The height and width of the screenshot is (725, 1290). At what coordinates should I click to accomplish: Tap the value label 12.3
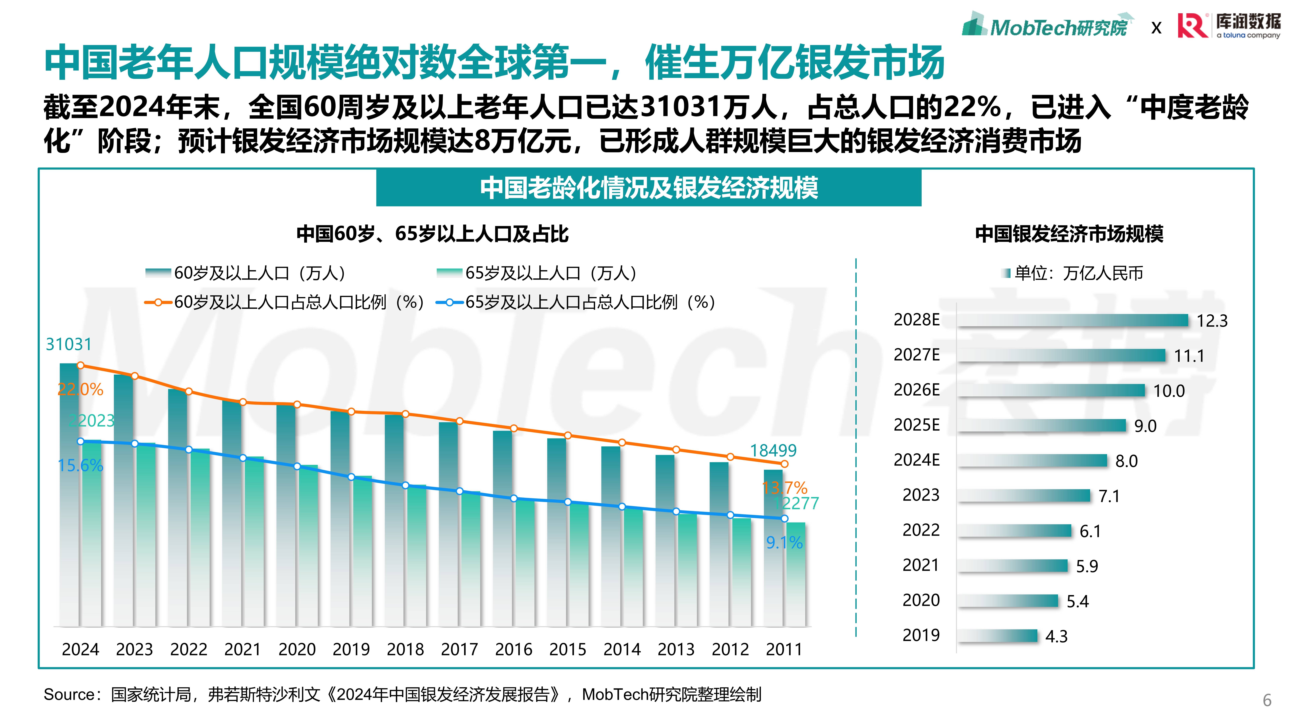click(x=1212, y=321)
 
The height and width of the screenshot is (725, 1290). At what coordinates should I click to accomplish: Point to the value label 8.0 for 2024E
click(x=1126, y=461)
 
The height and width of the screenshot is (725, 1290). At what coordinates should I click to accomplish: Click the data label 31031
click(x=69, y=344)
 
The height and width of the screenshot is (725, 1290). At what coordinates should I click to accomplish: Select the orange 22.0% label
click(x=80, y=389)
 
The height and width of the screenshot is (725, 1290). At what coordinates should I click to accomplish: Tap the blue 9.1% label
click(x=784, y=542)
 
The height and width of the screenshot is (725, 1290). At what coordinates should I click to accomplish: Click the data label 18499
click(x=773, y=450)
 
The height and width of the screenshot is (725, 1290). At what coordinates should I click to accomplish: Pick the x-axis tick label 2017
click(x=459, y=649)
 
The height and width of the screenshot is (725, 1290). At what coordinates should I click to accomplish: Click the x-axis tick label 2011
click(x=784, y=649)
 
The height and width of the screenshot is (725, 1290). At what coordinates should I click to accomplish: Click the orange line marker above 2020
click(x=297, y=404)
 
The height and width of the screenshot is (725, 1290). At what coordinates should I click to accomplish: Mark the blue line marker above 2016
click(x=513, y=498)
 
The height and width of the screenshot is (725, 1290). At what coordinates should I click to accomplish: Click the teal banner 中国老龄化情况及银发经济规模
click(x=649, y=188)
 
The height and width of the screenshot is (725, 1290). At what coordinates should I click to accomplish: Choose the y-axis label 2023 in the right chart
click(x=920, y=495)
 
